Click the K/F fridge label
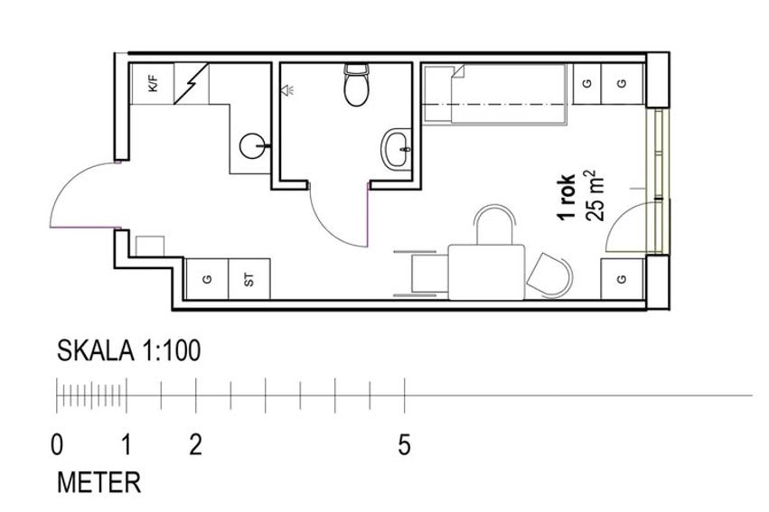click(154, 84)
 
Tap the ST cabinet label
click(249, 280)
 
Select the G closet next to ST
click(207, 279)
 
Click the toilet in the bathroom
click(357, 85)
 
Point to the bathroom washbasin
click(397, 149)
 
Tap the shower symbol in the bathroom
click(287, 89)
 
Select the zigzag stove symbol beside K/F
click(192, 84)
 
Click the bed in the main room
click(496, 94)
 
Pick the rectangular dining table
click(486, 273)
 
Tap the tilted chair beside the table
click(550, 275)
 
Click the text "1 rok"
click(567, 198)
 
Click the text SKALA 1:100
click(129, 350)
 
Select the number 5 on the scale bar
click(404, 445)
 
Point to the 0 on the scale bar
click(57, 445)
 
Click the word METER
click(99, 482)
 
